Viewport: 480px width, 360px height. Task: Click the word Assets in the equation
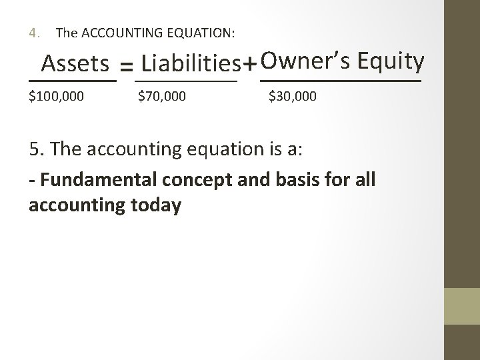tap(75, 64)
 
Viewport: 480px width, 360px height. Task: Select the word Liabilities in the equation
tap(191, 64)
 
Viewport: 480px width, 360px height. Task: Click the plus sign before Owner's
tap(249, 65)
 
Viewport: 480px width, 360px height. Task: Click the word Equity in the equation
tap(391, 61)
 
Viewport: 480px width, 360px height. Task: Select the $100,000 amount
tap(57, 97)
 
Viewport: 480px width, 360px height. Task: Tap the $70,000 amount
tap(162, 97)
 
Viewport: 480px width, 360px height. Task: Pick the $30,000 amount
tap(293, 97)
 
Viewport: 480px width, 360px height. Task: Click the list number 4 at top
tap(33, 32)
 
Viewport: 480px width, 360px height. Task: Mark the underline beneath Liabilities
tap(186, 81)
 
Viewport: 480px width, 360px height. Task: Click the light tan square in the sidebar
tap(462, 306)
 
